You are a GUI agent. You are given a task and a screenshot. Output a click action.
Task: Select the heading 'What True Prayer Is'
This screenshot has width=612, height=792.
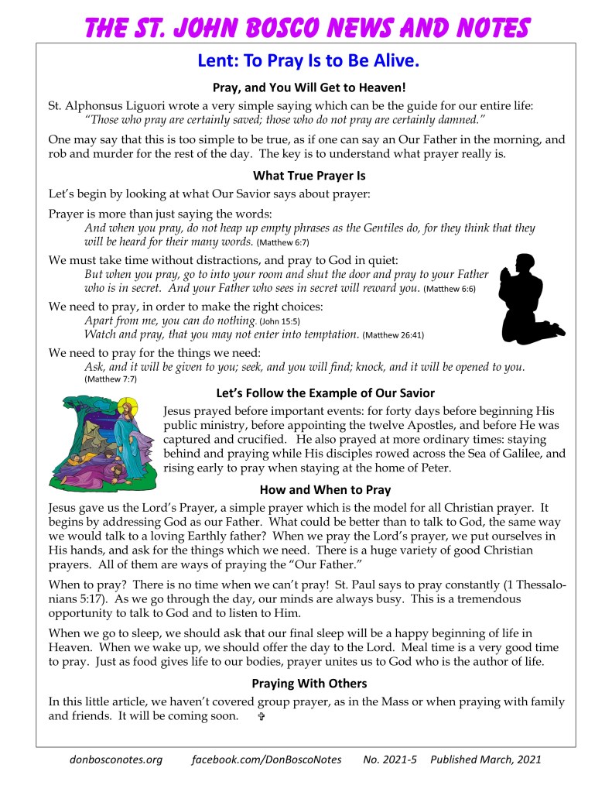pyautogui.click(x=309, y=176)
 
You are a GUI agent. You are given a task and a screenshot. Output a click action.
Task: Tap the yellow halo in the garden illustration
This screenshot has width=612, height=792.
pyautogui.click(x=125, y=406)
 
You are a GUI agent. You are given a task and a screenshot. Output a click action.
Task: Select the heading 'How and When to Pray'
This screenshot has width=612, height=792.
pyautogui.click(x=325, y=489)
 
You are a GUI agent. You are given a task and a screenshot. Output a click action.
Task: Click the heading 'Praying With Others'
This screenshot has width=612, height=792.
pyautogui.click(x=309, y=684)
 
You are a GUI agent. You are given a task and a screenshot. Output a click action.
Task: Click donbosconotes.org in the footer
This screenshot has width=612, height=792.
pyautogui.click(x=116, y=759)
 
